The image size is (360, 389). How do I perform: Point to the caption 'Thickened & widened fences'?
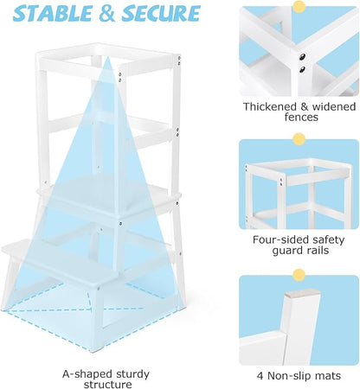299,112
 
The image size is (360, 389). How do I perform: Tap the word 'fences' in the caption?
299,118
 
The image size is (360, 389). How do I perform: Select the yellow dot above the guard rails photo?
299,138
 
